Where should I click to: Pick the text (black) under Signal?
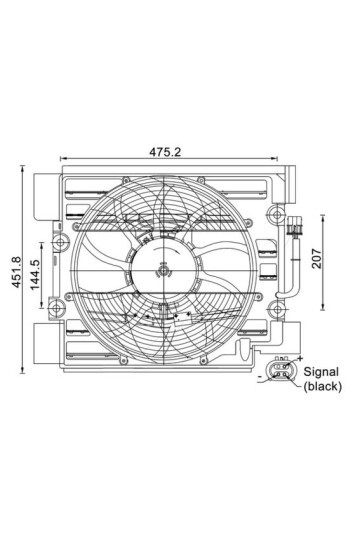pyautogui.click(x=322, y=385)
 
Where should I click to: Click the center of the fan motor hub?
pyautogui.click(x=163, y=267)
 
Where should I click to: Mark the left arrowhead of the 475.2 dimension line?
pyautogui.click(x=64, y=159)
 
